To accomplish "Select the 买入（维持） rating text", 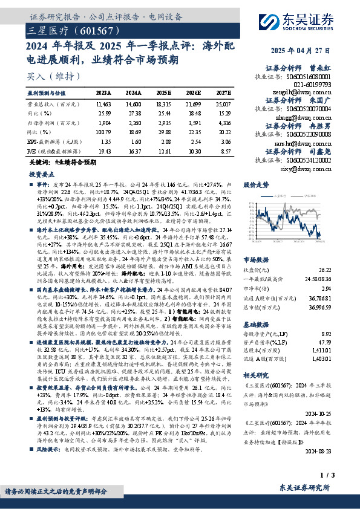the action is tap(47, 76).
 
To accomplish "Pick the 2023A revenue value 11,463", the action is tap(103, 105).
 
